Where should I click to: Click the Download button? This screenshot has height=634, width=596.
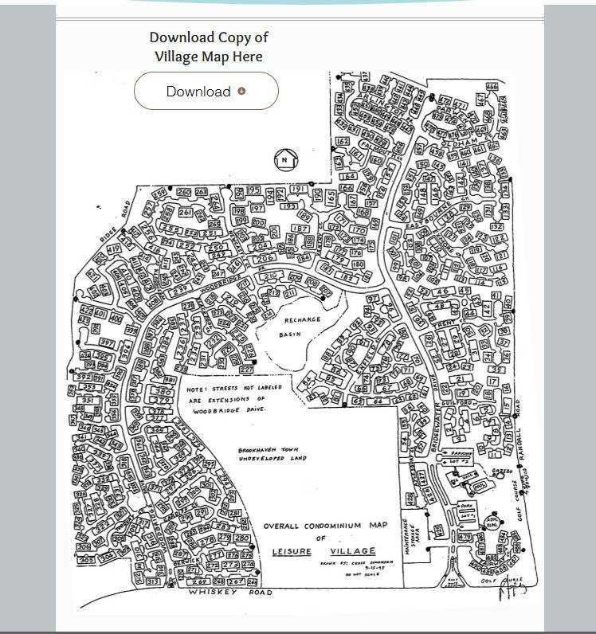coord(206,91)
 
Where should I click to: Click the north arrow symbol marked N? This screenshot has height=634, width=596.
coord(284,159)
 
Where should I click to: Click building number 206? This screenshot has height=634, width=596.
coord(266,258)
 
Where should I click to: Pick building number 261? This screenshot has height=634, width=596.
coord(186,213)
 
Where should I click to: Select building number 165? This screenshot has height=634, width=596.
coord(331,197)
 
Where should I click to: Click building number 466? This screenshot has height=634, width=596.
coord(492,87)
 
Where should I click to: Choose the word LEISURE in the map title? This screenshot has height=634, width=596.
coord(291,551)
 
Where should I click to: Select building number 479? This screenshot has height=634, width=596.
coord(466,538)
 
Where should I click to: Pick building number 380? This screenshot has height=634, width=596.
coord(164,392)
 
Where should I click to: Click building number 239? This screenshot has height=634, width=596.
coord(179,288)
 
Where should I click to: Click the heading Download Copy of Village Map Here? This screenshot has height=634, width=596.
coord(209,46)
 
